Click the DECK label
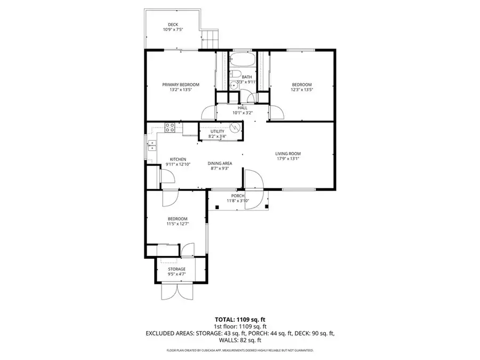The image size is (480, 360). coord(173,25)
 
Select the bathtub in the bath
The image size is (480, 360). coord(243,58)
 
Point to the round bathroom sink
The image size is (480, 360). coord(233,85)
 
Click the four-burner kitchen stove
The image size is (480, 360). coord(170,127)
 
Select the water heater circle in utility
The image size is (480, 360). coord(234,129)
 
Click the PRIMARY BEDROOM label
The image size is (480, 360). coord(181,85)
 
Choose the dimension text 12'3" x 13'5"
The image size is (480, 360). coord(301,90)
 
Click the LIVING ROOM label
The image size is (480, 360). coord(288,153)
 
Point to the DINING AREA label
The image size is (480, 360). coord(220,163)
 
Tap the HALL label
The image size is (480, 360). coord(243,108)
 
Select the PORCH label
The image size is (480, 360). coord(237,196)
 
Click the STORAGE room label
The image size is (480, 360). coord(177,269)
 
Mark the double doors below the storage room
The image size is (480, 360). coord(176,291)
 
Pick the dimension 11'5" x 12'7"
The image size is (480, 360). coord(177,224)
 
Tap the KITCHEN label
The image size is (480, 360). coord(178,159)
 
